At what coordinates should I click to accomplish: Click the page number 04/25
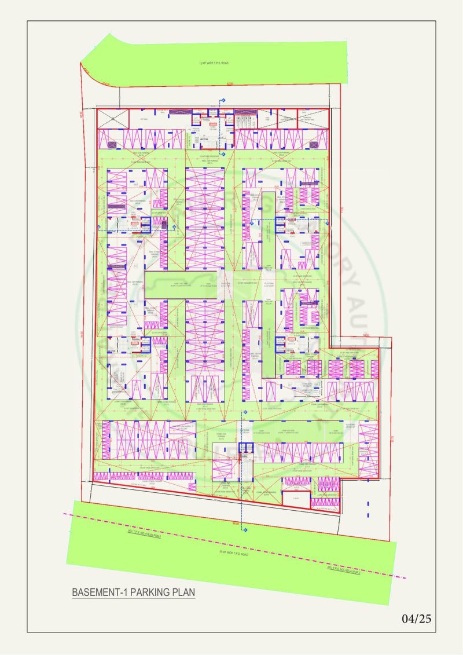click(x=417, y=619)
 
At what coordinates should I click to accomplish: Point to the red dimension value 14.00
click(x=366, y=336)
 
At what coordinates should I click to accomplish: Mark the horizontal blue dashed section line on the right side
click(x=284, y=220)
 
